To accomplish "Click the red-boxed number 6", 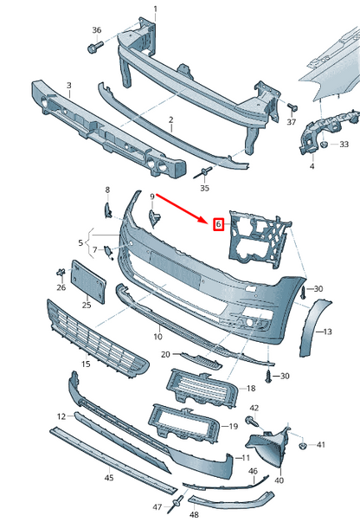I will click(x=219, y=224).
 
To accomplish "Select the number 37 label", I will click(x=292, y=123).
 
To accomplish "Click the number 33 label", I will click(x=344, y=144).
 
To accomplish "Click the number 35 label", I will click(x=204, y=188).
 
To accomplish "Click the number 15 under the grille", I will click(x=86, y=364).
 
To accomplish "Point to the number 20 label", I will click(x=165, y=355).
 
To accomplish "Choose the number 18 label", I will click(x=251, y=390).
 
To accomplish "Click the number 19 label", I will click(x=233, y=427).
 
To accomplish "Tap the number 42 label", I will click(x=254, y=407).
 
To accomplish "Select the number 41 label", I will click(x=320, y=445).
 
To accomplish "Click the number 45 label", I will click(x=109, y=477).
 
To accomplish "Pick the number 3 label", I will click(x=69, y=86).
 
